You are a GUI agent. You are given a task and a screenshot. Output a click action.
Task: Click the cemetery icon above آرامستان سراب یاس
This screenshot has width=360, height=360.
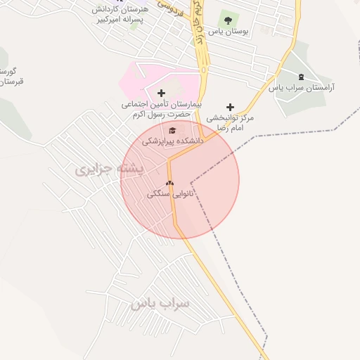tap(302, 77)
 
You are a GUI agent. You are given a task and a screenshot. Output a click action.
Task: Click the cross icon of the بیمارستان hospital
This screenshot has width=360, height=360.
tap(161, 93)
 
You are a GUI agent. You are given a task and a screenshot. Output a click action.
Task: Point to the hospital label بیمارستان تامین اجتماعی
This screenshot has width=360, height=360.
tap(161, 104)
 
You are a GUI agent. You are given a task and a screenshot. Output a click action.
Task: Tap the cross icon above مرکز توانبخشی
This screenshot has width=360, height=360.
tap(230, 107)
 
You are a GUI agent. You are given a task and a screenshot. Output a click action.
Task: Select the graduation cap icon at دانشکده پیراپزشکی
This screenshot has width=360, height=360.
tap(172, 130)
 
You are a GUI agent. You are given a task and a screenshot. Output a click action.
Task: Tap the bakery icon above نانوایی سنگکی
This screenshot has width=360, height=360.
tap(169, 184)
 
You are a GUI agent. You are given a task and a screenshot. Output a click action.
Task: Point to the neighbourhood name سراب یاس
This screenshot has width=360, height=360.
tap(160, 303)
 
